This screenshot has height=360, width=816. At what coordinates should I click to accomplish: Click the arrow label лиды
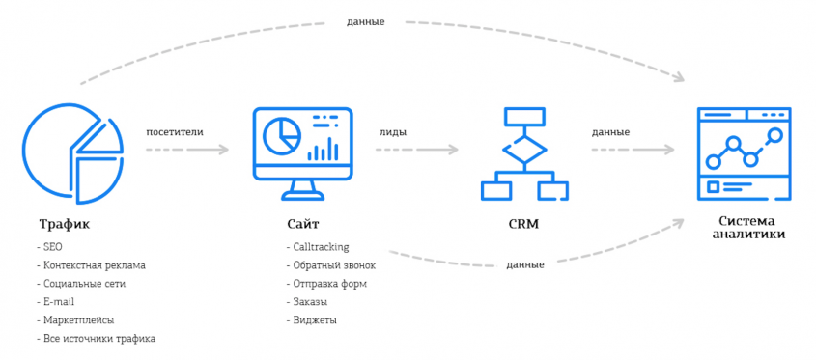(392, 131)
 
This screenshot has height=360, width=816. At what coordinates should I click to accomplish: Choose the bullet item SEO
(52, 247)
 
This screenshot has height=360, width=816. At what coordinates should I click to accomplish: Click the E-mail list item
(59, 302)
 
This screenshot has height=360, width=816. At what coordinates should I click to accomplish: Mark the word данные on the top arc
(365, 21)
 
